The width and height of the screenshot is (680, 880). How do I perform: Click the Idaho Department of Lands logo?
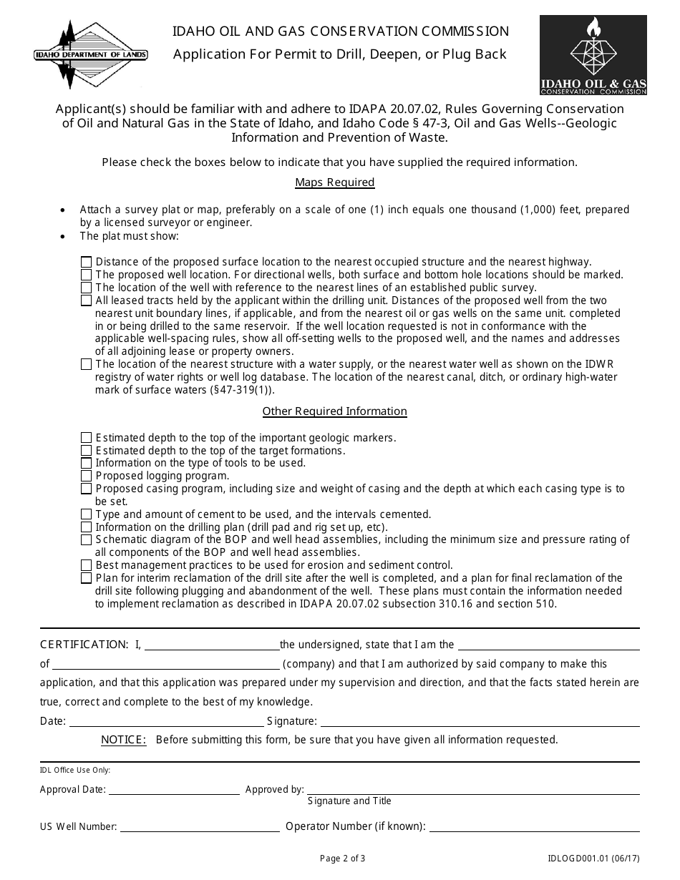[91, 55]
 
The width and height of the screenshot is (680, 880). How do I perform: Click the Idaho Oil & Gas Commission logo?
[593, 56]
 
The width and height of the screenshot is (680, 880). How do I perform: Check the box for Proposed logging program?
[87, 476]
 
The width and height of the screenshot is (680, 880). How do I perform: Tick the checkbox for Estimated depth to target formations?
[87, 451]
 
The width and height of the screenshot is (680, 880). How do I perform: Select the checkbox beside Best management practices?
[87, 565]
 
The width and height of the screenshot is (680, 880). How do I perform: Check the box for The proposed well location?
[87, 275]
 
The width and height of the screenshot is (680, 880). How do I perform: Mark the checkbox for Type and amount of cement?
[87, 514]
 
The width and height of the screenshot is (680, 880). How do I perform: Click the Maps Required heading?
[335, 182]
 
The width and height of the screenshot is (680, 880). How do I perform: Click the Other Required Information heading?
[335, 411]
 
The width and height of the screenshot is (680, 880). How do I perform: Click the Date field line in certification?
[166, 721]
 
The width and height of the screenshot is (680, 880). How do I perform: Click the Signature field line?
[478, 721]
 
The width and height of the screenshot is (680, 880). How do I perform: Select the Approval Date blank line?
[174, 790]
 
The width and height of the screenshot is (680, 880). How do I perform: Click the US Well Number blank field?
[200, 826]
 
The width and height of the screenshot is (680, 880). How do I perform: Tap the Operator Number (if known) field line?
[534, 826]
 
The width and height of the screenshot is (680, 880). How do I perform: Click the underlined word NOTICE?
[124, 740]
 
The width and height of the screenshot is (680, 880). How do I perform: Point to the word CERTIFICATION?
[84, 645]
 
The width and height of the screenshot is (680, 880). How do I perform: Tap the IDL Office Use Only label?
[75, 771]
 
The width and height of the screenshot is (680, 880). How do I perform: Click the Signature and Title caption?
[349, 801]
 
